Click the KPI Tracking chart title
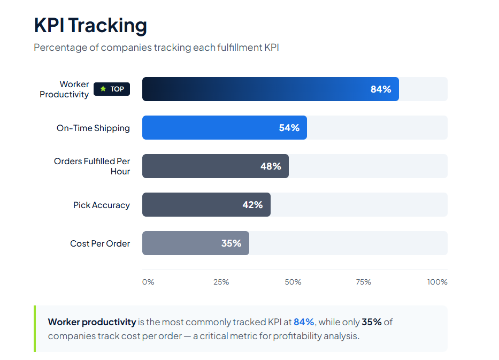coord(90,25)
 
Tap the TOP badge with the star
coord(112,89)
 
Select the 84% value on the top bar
coord(381,89)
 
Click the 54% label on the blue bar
coord(289,128)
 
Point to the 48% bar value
coord(271,166)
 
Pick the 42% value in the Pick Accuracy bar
coord(252,205)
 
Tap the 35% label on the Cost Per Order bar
coord(232,243)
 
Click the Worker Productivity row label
coord(64,89)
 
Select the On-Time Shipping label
coord(93,128)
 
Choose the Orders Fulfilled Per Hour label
coord(92,166)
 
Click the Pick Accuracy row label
coord(102,205)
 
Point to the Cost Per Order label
coord(100,243)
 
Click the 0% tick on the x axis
coord(148,282)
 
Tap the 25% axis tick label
coord(221,282)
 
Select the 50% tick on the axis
coord(294,282)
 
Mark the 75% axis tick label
coord(364,282)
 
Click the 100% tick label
coord(437,282)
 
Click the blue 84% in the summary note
coord(304,322)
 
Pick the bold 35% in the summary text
coord(372,322)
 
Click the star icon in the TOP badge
coord(103,89)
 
